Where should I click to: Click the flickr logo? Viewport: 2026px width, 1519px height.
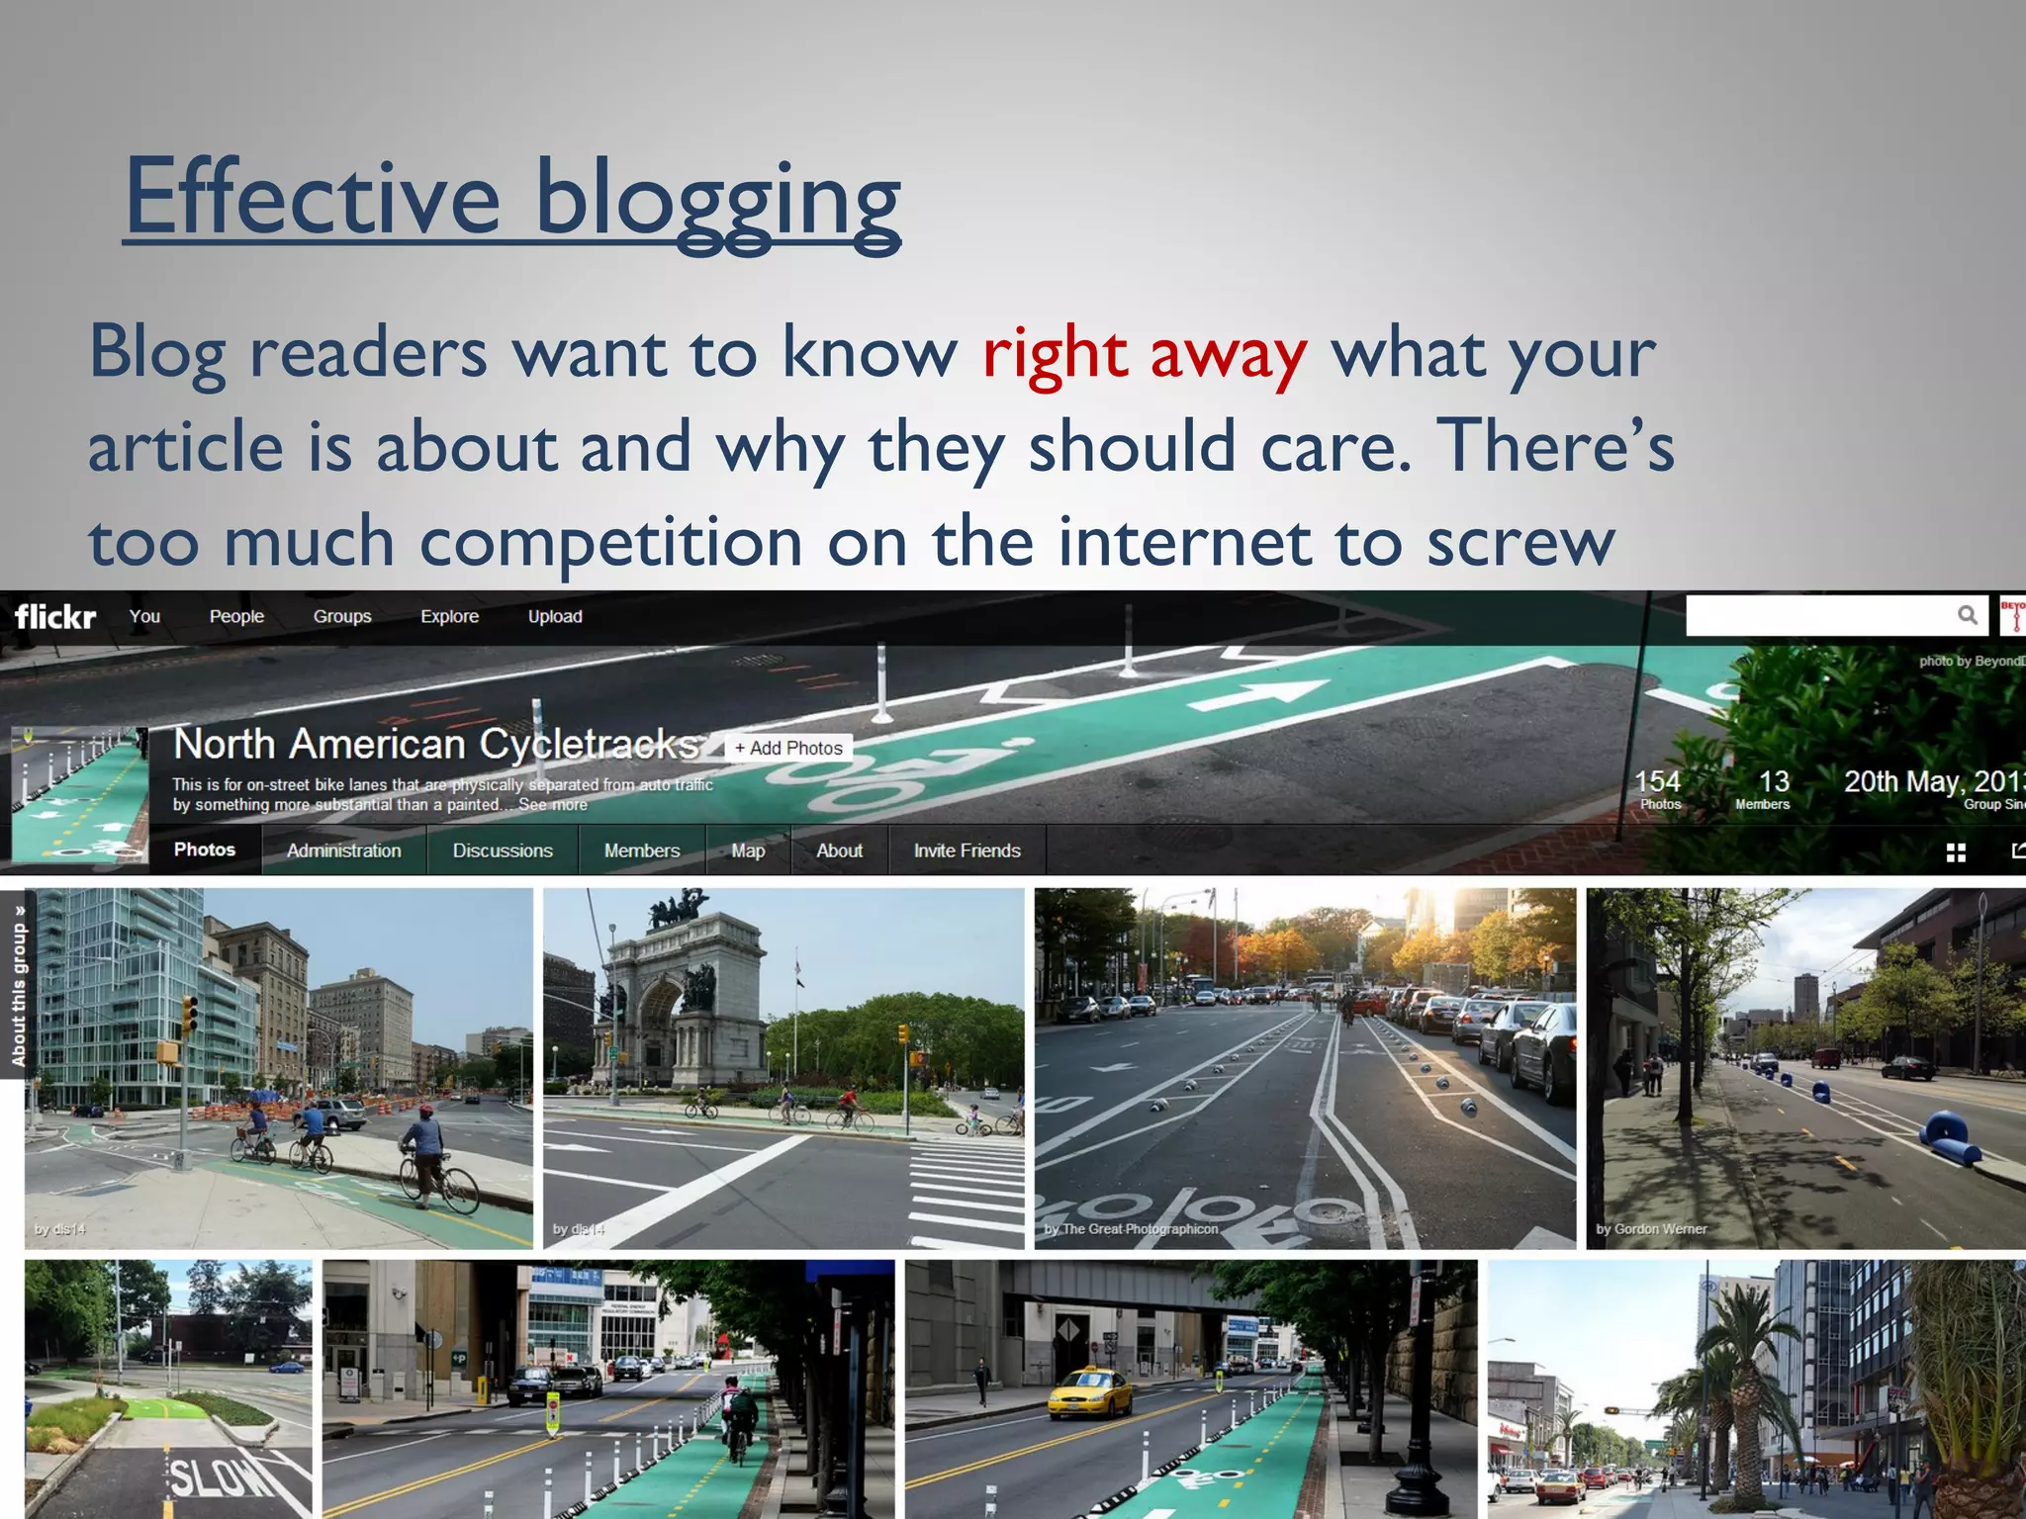pos(55,617)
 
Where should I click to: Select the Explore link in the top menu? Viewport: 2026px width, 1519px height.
pos(449,617)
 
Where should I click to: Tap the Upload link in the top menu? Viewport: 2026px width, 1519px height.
pos(555,617)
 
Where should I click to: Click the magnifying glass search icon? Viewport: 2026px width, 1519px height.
pos(1968,615)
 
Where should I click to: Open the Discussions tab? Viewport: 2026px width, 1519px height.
pos(503,850)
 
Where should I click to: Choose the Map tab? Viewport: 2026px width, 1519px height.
pos(748,850)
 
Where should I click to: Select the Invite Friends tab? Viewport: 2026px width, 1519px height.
pos(967,850)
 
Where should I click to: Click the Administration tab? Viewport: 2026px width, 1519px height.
pos(344,850)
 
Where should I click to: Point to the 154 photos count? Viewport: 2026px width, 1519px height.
pos(1658,788)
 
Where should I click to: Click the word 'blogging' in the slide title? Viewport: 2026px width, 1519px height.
pos(717,200)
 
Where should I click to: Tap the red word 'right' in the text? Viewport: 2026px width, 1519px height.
pos(1055,354)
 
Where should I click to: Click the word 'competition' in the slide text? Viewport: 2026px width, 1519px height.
pos(610,542)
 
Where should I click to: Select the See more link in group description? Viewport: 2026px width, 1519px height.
pos(553,805)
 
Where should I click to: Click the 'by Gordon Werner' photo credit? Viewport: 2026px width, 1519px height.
pos(1651,1229)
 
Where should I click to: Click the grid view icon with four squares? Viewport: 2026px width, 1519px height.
pos(1956,852)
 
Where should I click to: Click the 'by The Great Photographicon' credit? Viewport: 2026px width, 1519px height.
pos(1131,1229)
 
